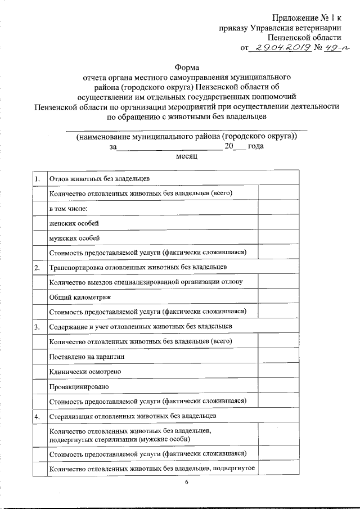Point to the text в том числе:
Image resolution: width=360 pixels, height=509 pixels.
click(x=69, y=208)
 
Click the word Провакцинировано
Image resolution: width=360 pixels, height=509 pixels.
click(x=75, y=386)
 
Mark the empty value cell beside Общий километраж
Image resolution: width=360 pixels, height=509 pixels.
click(x=278, y=296)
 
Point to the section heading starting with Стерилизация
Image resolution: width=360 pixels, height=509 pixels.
click(x=133, y=416)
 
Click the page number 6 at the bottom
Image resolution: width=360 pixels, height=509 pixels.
click(x=186, y=483)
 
